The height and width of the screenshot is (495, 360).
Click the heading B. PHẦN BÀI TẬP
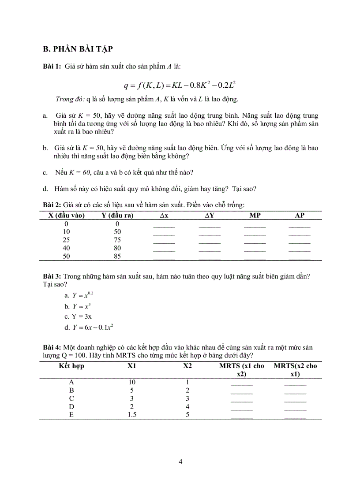[80, 48]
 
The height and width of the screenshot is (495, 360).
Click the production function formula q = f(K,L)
[181, 84]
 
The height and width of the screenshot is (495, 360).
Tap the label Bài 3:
[52, 276]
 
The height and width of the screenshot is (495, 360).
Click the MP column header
[255, 216]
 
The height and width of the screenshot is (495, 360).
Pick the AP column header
[300, 216]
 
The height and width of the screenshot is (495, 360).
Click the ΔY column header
[210, 216]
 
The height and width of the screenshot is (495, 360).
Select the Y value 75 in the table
[117, 240]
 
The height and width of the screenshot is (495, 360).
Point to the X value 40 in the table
[67, 248]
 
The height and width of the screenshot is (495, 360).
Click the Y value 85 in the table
[117, 256]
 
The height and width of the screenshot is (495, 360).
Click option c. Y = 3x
[78, 316]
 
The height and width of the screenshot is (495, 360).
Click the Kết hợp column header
[72, 366]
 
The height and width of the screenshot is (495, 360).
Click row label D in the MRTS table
[72, 406]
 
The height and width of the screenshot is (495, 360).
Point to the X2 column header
[187, 366]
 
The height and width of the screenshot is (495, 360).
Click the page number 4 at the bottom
[180, 462]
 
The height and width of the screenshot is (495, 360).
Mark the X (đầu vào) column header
[67, 216]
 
